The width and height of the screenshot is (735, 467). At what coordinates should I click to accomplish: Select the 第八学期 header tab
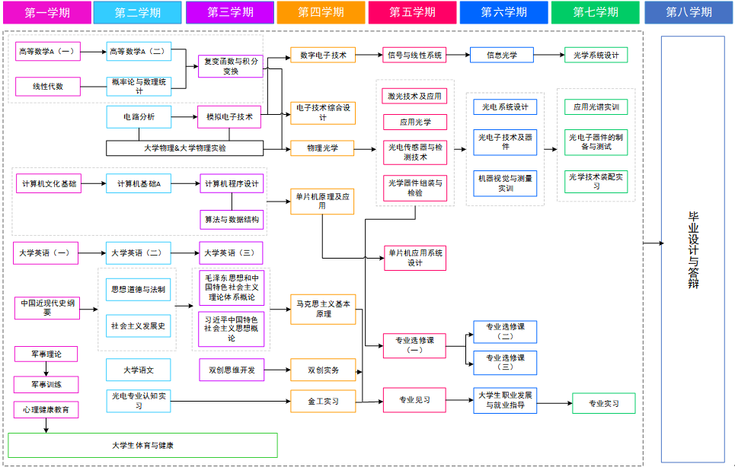(x=689, y=12)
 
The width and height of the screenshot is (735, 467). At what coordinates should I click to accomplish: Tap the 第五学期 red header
(x=412, y=12)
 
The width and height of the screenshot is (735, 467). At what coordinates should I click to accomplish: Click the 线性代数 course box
(x=47, y=87)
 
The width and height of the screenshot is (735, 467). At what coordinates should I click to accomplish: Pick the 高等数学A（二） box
(x=138, y=52)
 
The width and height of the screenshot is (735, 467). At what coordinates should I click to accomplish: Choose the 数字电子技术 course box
(x=323, y=55)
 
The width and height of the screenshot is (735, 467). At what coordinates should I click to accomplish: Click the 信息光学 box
(x=503, y=55)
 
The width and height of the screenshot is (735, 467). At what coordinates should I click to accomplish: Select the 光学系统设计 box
(x=596, y=55)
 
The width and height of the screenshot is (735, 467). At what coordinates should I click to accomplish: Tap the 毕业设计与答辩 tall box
(x=692, y=249)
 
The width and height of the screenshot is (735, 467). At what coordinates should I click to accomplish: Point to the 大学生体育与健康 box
(x=142, y=445)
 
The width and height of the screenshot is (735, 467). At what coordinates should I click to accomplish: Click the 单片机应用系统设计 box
(x=415, y=258)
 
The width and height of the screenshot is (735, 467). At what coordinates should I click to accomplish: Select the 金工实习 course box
(x=323, y=400)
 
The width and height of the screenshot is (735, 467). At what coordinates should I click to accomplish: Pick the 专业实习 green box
(x=603, y=403)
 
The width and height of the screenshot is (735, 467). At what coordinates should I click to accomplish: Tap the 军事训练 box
(x=46, y=384)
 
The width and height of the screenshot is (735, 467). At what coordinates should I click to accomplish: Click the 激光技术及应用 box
(x=415, y=97)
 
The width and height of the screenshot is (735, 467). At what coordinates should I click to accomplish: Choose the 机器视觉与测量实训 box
(x=505, y=183)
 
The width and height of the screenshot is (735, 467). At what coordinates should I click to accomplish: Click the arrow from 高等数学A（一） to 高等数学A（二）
(x=92, y=52)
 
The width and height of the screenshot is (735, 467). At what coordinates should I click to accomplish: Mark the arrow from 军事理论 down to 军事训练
(x=46, y=368)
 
